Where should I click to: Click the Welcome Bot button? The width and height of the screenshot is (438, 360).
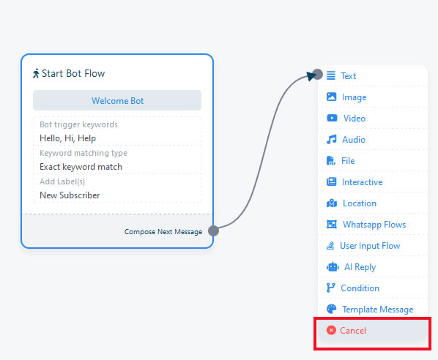117,100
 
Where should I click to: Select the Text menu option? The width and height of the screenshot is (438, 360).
348,76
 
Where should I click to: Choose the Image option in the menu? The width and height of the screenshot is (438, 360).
354,97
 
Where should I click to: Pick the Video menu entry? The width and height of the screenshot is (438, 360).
355,119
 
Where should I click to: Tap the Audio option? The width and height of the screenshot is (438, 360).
354,140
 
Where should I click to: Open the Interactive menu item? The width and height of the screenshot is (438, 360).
362,182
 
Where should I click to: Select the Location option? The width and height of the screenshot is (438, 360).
360,203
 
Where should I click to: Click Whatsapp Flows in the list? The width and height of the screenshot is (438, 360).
374,225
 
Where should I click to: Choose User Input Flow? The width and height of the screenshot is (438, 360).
370,246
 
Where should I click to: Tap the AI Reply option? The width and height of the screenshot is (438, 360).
360,267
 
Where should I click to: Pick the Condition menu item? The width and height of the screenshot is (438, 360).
360,288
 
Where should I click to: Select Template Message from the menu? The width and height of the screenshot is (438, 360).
378,310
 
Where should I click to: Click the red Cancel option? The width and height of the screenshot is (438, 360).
352,331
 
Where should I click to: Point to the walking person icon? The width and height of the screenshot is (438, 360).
36,73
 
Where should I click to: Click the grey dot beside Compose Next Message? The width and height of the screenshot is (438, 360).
213,230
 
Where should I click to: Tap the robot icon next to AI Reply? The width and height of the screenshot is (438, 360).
333,267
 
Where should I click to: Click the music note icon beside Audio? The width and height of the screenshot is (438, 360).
332,139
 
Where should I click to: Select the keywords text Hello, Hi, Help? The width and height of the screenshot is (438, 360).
67,138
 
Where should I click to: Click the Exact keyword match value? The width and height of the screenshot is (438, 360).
81,167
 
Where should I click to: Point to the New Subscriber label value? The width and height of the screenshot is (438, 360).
70,195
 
